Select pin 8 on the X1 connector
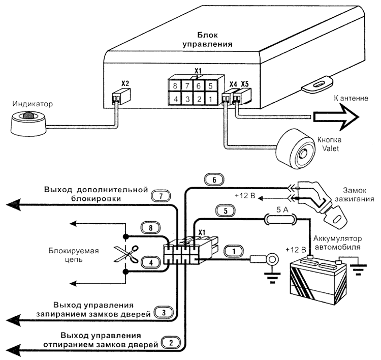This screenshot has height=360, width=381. [175, 86]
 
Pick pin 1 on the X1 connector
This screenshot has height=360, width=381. [211, 98]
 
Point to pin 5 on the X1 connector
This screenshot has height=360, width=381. [211, 86]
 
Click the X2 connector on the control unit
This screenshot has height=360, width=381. [120, 95]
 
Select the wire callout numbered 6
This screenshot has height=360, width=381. [214, 179]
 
